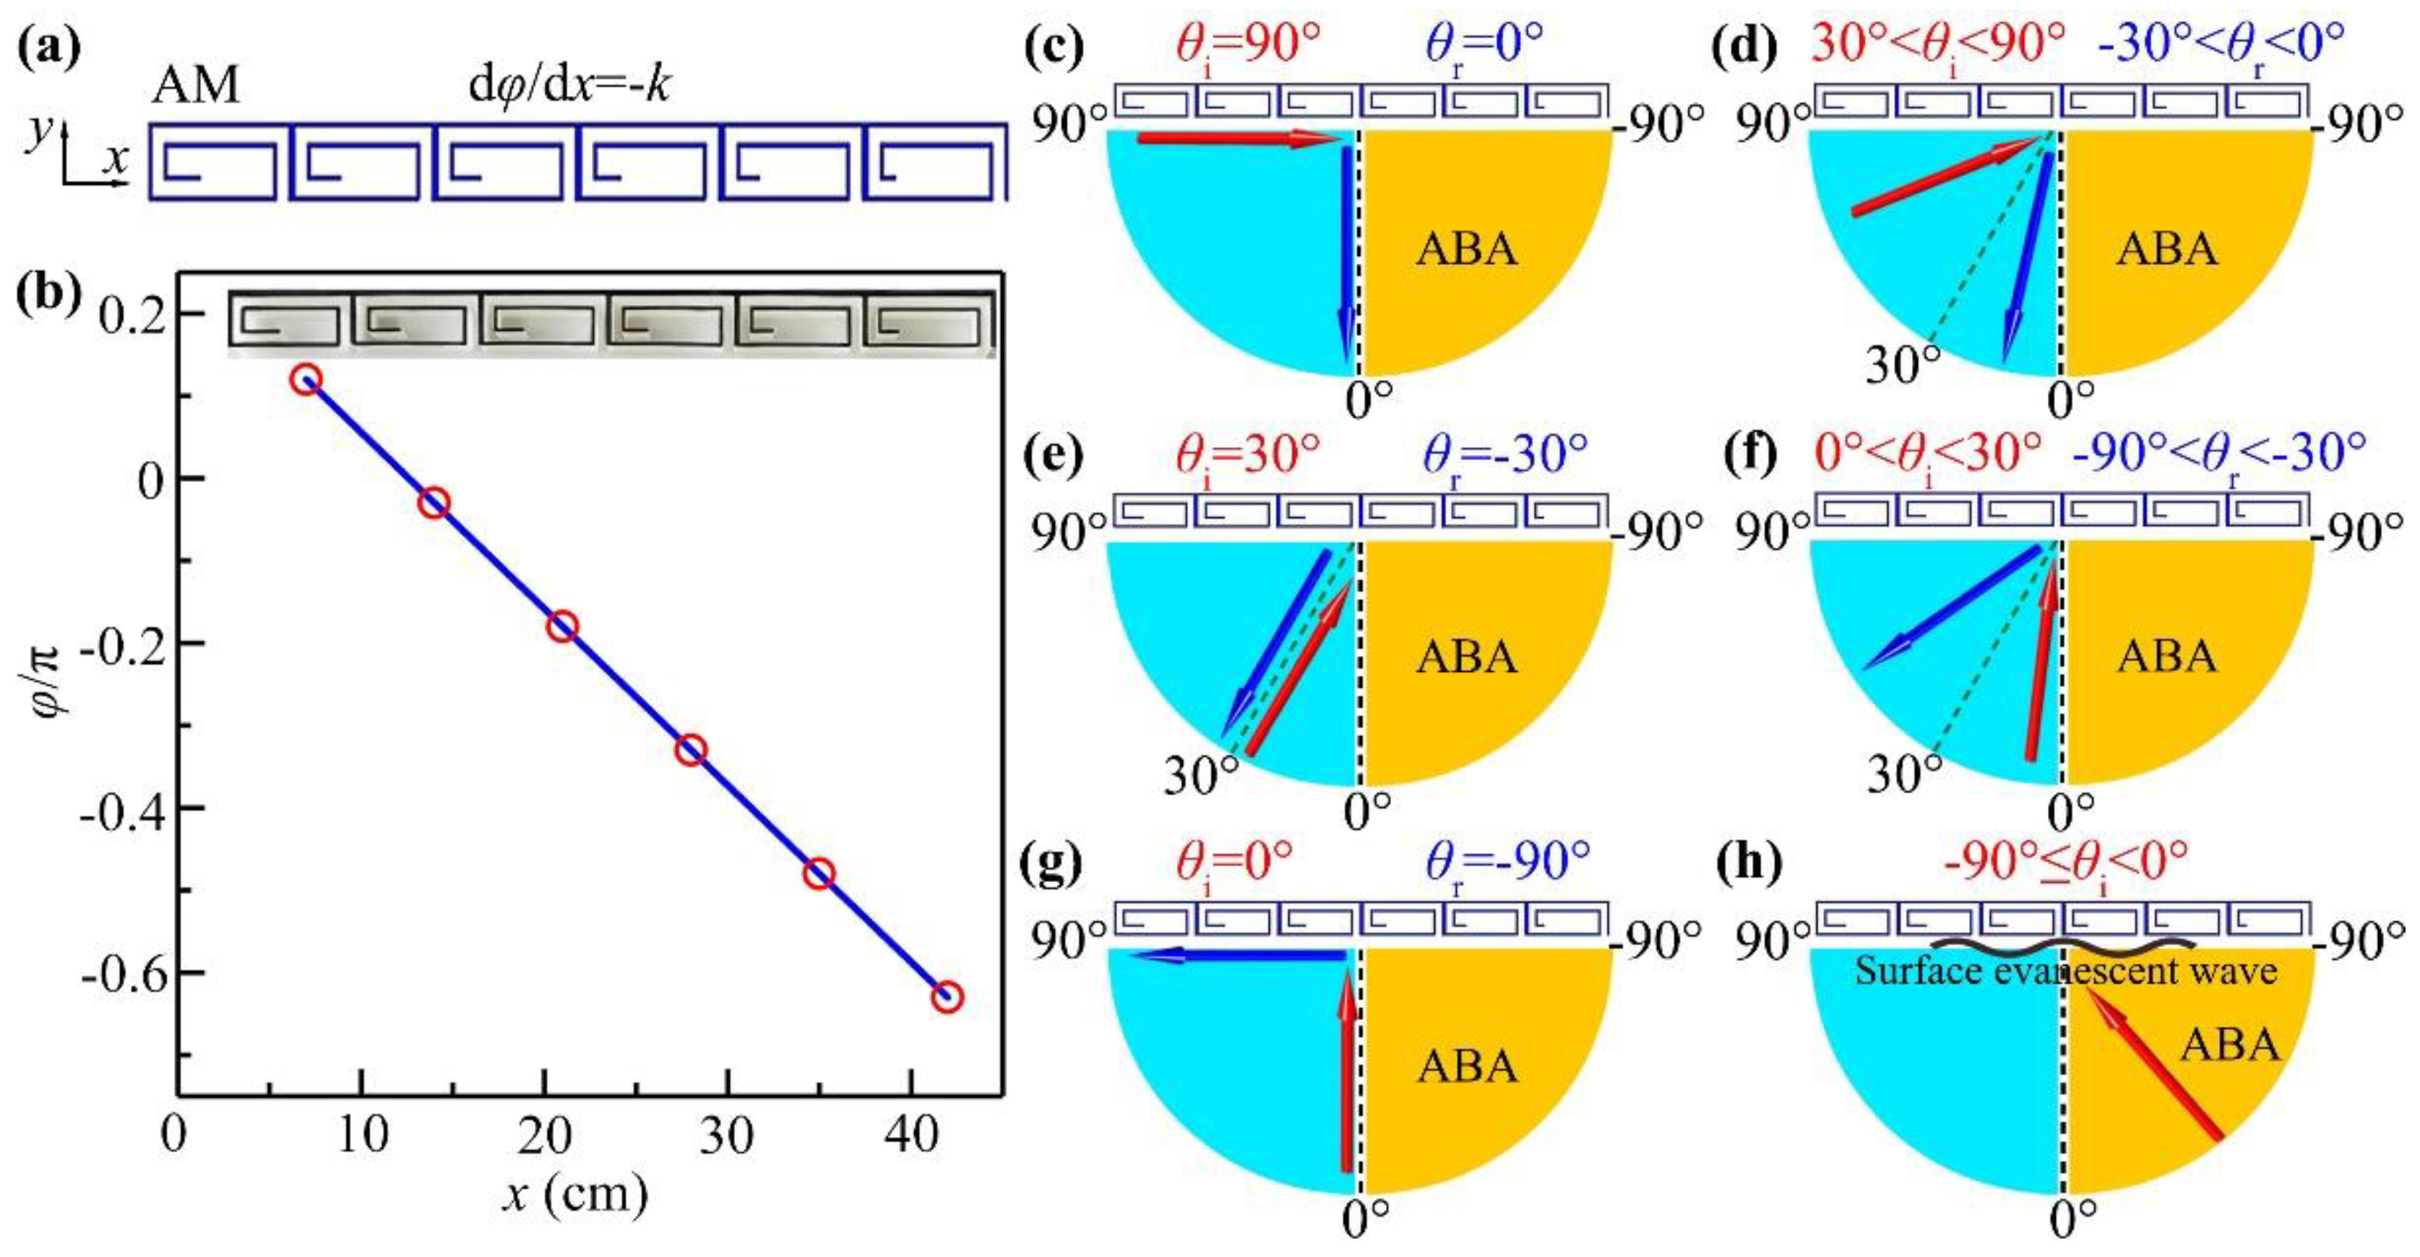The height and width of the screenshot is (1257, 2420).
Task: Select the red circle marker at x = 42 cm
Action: pos(946,997)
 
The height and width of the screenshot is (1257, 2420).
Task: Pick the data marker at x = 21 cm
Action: pos(561,626)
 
